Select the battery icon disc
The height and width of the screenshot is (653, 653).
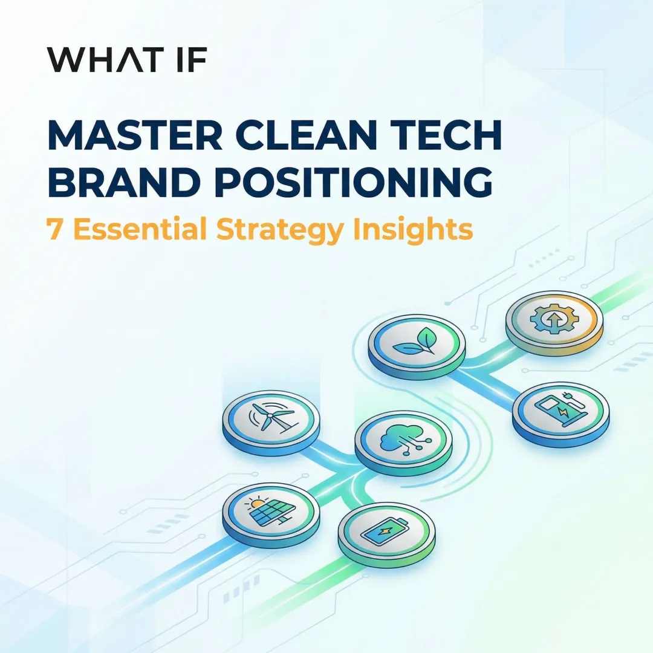coord(386,530)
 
